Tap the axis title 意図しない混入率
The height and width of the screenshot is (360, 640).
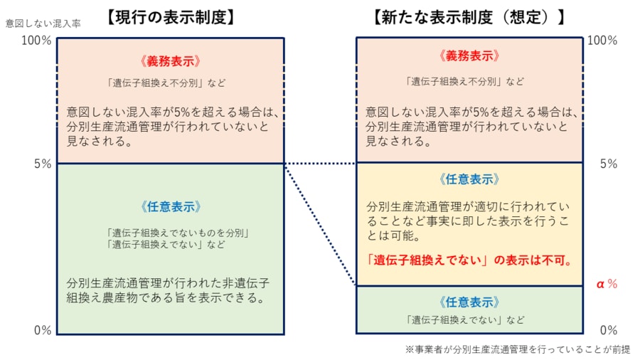[x=43, y=23]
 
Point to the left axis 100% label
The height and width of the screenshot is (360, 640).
[x=36, y=41]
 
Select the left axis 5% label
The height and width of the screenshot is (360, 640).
[x=41, y=164]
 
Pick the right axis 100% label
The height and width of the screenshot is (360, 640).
[x=602, y=41]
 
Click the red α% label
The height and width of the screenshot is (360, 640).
[x=606, y=284]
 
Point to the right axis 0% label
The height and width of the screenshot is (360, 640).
[x=608, y=330]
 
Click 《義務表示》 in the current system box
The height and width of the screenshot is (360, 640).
[x=171, y=60]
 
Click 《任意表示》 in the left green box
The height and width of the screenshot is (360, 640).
[x=171, y=208]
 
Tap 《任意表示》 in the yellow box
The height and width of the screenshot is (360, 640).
[x=469, y=179]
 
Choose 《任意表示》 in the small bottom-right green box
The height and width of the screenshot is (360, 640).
[x=469, y=302]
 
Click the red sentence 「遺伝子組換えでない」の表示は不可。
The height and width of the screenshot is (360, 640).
[x=470, y=260]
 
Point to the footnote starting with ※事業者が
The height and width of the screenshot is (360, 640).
[x=518, y=349]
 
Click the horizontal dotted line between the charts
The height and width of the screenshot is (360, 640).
[x=320, y=164]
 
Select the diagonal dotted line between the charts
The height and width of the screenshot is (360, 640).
[x=320, y=224]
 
